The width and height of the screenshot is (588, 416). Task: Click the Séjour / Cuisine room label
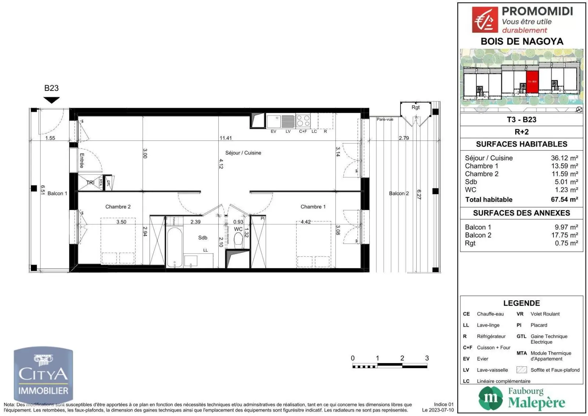tap(243, 153)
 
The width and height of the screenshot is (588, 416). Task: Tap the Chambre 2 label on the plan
tap(118, 207)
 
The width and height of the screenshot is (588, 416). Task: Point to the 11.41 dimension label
tap(226, 138)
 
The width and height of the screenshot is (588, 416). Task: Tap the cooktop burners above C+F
tap(303, 121)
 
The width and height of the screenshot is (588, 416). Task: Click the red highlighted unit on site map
tap(532, 81)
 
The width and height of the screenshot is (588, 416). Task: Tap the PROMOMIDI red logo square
tap(485, 20)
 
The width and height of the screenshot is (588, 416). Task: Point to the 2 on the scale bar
tap(402, 358)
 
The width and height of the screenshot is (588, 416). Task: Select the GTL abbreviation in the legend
tap(521, 336)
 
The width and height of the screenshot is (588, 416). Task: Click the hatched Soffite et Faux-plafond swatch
tap(521, 370)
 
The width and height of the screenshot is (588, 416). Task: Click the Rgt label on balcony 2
tap(415, 107)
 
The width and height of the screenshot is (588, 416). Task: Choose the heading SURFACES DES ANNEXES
tap(521, 213)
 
